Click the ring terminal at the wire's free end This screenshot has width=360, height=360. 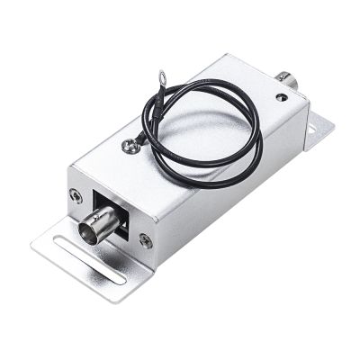click(x=164, y=76)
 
